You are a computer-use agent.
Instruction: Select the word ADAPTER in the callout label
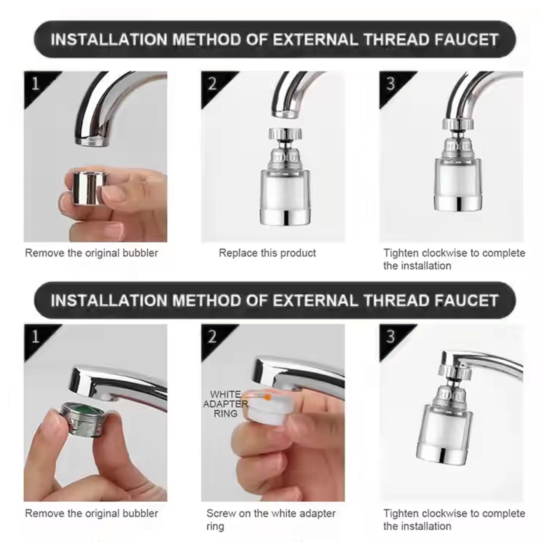(x=225, y=404)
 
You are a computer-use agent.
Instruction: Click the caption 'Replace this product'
(x=267, y=253)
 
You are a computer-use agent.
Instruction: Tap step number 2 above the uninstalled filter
(x=212, y=84)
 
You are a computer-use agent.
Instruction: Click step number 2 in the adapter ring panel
(x=212, y=336)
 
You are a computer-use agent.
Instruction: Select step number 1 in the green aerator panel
(x=35, y=336)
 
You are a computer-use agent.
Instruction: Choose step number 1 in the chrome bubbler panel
(x=35, y=83)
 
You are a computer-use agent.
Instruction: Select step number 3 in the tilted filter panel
(x=390, y=336)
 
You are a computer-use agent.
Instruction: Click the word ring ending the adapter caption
(x=215, y=527)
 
